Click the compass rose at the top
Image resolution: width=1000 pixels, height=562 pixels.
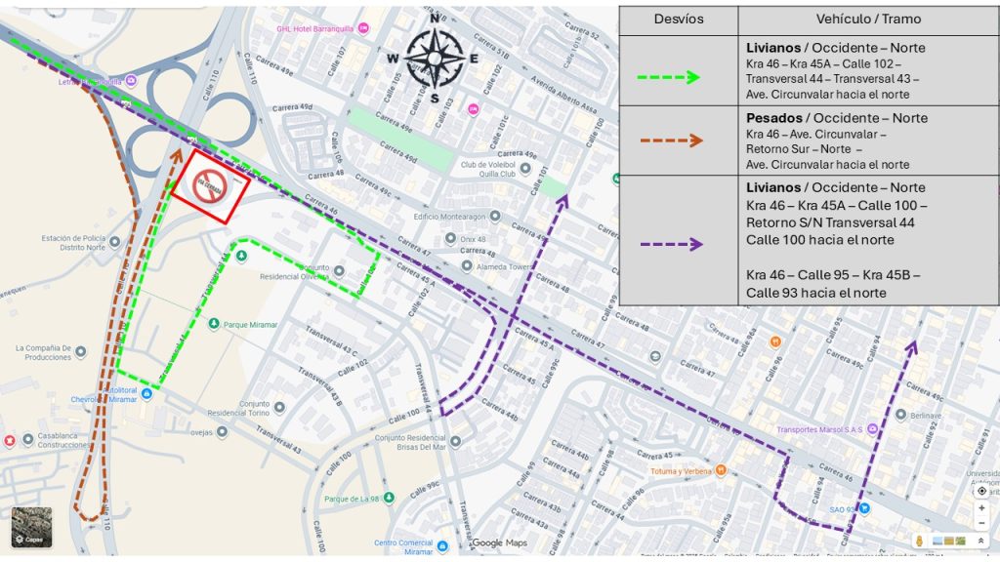pyautogui.click(x=435, y=59)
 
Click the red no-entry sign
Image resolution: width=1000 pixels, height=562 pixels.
pyautogui.click(x=210, y=186)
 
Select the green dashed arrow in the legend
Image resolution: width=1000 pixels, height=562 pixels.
pyautogui.click(x=668, y=77)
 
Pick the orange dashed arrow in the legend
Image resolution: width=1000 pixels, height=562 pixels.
pyautogui.click(x=670, y=140)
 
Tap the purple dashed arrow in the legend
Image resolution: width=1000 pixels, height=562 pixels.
pyautogui.click(x=669, y=244)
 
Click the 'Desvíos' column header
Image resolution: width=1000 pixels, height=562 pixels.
pyautogui.click(x=679, y=19)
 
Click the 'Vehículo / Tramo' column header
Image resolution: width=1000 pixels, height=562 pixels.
pyautogui.click(x=868, y=19)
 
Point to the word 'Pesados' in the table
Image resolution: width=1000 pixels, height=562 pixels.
pyautogui.click(x=773, y=118)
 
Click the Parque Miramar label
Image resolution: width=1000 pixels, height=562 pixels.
pyautogui.click(x=251, y=325)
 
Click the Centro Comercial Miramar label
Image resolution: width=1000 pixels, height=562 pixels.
pyautogui.click(x=402, y=547)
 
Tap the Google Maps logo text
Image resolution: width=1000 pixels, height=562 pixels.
pyautogui.click(x=500, y=542)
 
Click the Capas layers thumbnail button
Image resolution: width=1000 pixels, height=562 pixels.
pyautogui.click(x=31, y=527)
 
